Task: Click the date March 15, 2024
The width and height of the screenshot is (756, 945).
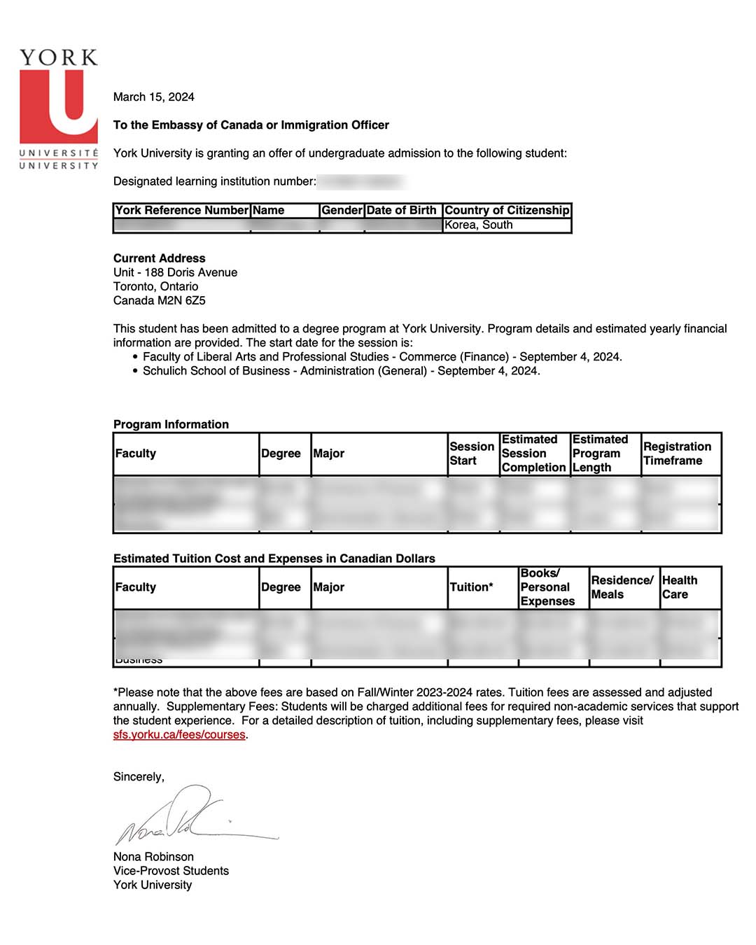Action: pos(154,97)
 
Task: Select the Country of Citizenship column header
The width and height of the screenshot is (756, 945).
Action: pos(507,210)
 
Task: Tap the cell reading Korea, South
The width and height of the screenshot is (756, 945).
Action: pos(479,225)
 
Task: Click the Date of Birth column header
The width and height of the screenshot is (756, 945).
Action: pos(401,210)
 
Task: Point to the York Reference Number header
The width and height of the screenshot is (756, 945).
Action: pos(181,210)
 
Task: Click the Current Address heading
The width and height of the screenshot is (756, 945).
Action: pos(160,258)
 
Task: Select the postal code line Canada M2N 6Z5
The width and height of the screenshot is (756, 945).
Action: pos(160,300)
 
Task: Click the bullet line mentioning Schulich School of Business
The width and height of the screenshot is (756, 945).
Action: pos(341,370)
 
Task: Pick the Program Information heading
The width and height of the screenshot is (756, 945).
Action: pos(171,424)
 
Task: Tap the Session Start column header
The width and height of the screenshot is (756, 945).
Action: pos(472,454)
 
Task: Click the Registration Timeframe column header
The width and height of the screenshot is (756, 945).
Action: pos(677,454)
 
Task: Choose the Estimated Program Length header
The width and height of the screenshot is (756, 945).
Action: pos(600,454)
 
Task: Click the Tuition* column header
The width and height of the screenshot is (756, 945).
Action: pos(471,587)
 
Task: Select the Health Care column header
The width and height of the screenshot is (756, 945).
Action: pos(679,587)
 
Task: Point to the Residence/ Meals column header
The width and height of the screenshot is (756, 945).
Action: pos(622,587)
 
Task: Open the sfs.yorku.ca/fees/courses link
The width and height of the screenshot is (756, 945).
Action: pos(179,734)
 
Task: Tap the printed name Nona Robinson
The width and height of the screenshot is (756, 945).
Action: pos(153,857)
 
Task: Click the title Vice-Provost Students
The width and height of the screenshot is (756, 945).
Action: pos(171,871)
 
